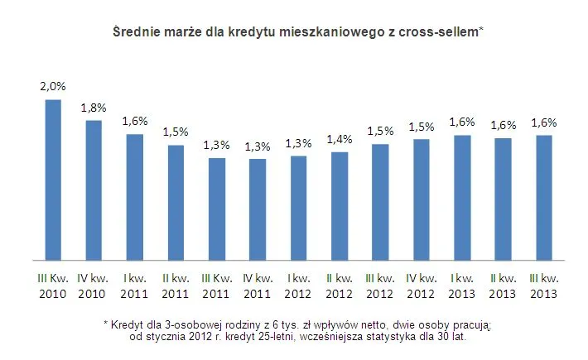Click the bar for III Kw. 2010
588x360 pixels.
(x=53, y=179)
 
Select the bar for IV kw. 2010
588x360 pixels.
(x=94, y=190)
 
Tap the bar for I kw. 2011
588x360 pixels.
(x=134, y=196)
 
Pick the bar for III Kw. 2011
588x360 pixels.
(x=216, y=208)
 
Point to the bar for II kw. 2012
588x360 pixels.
(x=340, y=205)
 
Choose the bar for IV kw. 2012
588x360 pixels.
(x=422, y=199)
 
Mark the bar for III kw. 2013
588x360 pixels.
(x=544, y=197)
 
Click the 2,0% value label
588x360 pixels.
(x=53, y=86)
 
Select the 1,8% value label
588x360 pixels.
(x=94, y=107)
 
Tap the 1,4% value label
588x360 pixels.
(x=340, y=138)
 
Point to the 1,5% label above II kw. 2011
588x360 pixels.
(x=176, y=132)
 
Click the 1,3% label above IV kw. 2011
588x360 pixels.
(x=258, y=146)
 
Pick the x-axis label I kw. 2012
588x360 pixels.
(x=298, y=285)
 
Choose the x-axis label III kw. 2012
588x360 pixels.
(x=380, y=285)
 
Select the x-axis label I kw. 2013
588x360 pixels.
(x=462, y=285)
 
